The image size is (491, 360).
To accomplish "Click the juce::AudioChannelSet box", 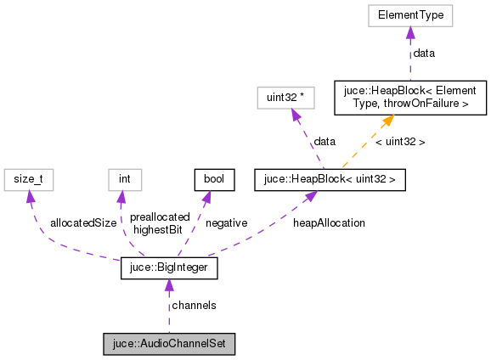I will pyautogui.click(x=168, y=344).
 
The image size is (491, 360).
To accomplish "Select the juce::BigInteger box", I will pyautogui.click(x=169, y=269).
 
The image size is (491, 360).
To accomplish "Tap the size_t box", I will pyautogui.click(x=28, y=179).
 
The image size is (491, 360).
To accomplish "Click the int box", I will pyautogui.click(x=124, y=179).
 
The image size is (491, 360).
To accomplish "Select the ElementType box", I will pyautogui.click(x=410, y=15).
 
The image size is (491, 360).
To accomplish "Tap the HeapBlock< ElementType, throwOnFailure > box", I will pyautogui.click(x=410, y=98).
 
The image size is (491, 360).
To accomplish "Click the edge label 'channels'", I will pyautogui.click(x=194, y=305).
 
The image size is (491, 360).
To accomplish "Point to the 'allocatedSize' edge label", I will pyautogui.click(x=82, y=222).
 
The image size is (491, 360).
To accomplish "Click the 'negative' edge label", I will pyautogui.click(x=225, y=222).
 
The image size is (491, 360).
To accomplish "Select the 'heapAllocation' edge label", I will pyautogui.click(x=329, y=222).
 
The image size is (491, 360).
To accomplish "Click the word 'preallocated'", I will pyautogui.click(x=161, y=217).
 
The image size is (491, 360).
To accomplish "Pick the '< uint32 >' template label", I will pyautogui.click(x=399, y=142).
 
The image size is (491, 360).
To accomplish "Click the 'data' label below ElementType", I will pyautogui.click(x=424, y=53).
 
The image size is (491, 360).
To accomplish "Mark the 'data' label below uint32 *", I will pyautogui.click(x=325, y=141).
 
